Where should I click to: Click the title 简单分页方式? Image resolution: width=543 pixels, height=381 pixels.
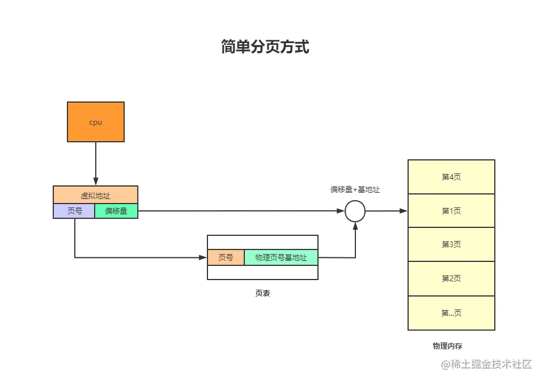tap(265, 46)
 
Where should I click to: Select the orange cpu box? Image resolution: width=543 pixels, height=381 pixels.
tap(96, 122)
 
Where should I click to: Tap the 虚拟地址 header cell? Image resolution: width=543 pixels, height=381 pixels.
tap(96, 195)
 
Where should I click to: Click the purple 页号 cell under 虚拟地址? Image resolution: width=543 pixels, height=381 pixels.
tap(74, 211)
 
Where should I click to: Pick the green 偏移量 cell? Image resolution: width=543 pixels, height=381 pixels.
tap(116, 211)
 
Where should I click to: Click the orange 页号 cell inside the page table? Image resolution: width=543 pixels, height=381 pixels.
tap(226, 257)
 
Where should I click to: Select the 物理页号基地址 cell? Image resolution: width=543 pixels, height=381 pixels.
tap(281, 257)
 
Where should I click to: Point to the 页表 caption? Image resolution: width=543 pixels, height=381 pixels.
tap(262, 293)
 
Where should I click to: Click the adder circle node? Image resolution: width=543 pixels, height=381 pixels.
tap(355, 211)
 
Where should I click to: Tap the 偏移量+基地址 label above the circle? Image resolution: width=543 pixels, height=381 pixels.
tap(355, 189)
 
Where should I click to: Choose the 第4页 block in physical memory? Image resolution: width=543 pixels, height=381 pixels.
tap(451, 177)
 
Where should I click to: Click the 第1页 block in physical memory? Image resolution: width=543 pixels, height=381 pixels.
tap(451, 211)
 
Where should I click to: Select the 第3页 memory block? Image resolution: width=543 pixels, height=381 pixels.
tap(451, 244)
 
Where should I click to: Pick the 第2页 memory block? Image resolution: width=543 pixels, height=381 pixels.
tap(451, 278)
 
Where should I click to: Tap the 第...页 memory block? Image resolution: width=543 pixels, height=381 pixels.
tap(451, 313)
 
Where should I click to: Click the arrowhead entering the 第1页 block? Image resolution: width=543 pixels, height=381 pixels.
tap(403, 211)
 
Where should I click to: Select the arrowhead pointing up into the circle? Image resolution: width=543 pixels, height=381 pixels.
tap(355, 226)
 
